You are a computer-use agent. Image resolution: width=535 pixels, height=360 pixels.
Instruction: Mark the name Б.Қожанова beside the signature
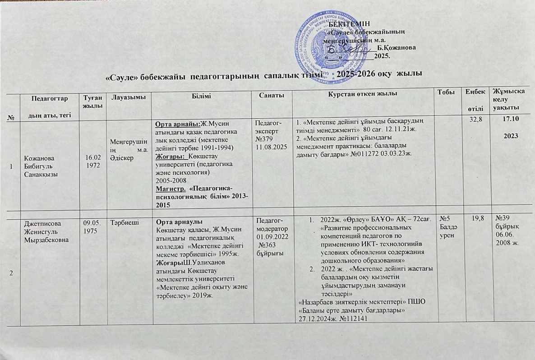pos(397,47)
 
